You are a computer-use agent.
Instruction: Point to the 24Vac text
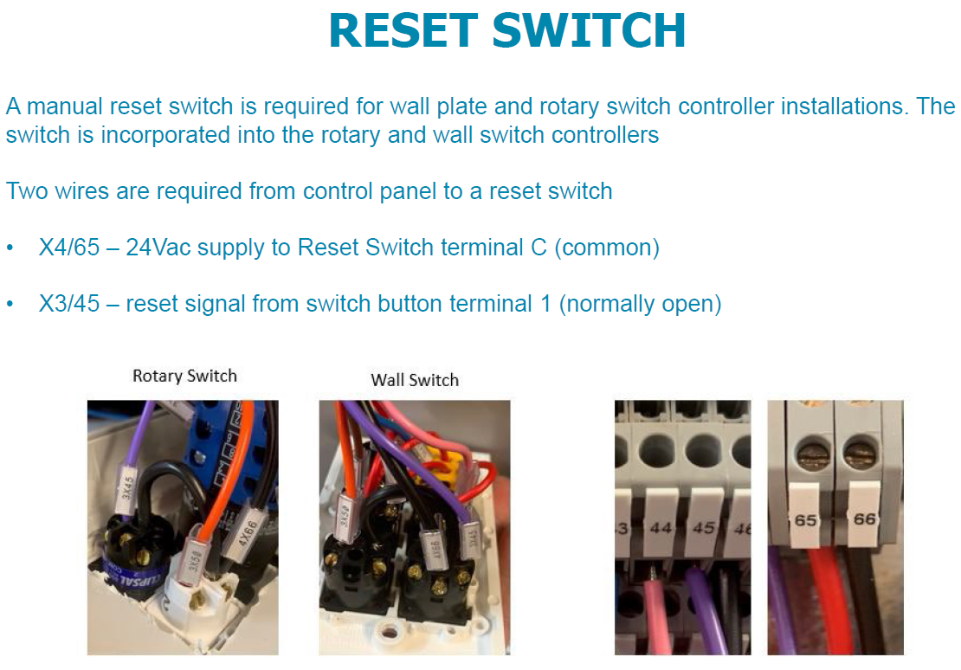click(x=158, y=248)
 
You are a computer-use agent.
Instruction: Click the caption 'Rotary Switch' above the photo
click(x=184, y=376)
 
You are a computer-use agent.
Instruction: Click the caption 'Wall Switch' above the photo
click(x=415, y=379)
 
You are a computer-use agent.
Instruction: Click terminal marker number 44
click(x=661, y=526)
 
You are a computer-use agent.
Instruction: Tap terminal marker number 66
click(x=865, y=519)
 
